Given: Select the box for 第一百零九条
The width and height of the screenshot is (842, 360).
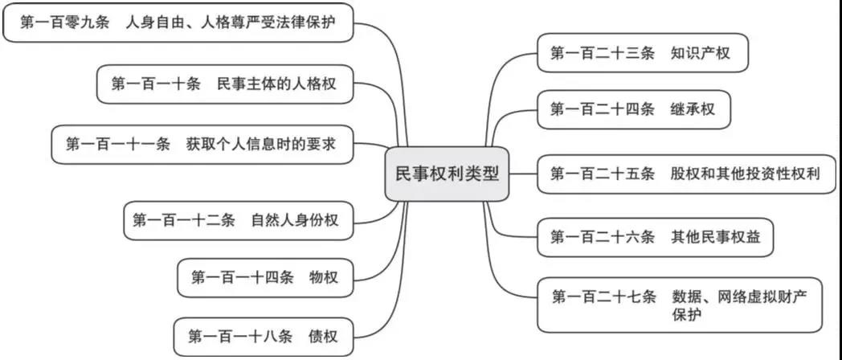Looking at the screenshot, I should click(178, 23).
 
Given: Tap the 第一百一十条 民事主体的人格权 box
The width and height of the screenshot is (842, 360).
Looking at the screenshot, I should click(224, 84).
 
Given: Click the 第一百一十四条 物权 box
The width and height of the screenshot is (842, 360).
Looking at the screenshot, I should click(264, 278).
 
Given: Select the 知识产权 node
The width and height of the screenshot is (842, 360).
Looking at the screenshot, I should click(643, 53).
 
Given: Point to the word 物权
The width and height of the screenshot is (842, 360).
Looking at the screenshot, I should click(323, 278).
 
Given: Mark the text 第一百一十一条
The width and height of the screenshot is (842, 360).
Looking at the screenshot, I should click(118, 145).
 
